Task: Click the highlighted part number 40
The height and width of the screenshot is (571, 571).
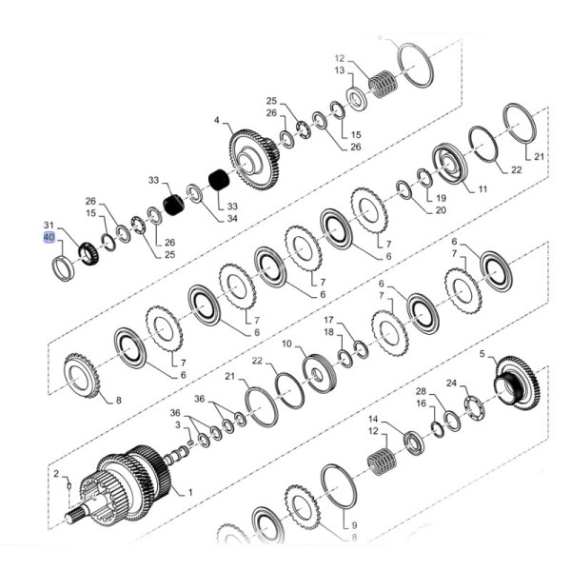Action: coord(49,236)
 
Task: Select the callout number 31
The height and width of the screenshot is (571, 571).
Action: coord(49,225)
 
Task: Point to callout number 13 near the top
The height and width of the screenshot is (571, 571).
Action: coord(338,70)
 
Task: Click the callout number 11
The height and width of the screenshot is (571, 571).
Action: coord(482,189)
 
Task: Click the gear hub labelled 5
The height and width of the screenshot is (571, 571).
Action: coord(516,380)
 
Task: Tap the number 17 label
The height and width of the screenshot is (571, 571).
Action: coord(328,320)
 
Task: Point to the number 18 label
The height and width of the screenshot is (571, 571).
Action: coord(328,332)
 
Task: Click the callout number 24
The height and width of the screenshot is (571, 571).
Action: coord(452,384)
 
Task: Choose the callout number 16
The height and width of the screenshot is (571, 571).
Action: coord(421,404)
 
